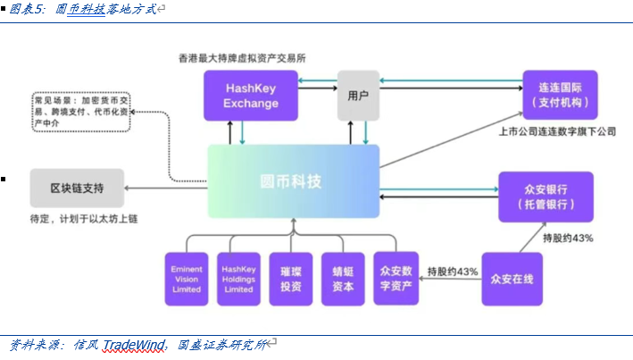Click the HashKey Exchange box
[250, 96]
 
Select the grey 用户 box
[357, 96]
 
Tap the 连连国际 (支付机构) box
[560, 96]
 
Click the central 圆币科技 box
[294, 181]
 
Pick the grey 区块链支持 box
[76, 188]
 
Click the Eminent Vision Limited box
[187, 278]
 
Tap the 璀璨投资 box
[291, 278]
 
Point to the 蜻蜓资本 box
[343, 278]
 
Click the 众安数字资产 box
[396, 278]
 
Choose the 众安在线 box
[512, 278]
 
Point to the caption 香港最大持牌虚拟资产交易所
[242, 57]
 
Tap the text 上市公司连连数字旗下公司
[558, 130]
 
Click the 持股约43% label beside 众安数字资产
[452, 271]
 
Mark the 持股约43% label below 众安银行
[568, 239]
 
